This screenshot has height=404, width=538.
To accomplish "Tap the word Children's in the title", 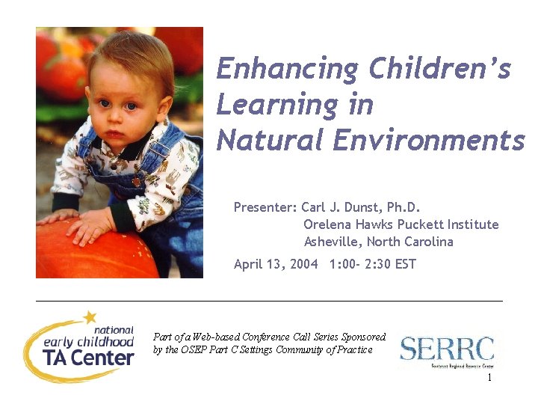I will coord(439,70).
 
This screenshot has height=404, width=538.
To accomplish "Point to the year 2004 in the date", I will coord(302,264).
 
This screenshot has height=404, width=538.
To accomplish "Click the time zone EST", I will coord(403,264).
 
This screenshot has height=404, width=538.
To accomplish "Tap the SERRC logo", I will coord(447,350).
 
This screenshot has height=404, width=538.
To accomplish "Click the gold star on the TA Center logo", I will coord(90,317).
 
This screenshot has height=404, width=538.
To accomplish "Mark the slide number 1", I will coord(489,379).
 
